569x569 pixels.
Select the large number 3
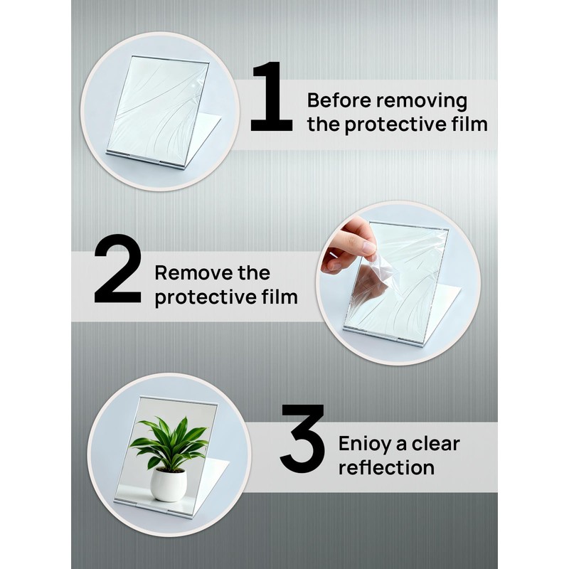click(x=302, y=439)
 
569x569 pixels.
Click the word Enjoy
click(x=363, y=445)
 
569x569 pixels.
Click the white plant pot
click(x=169, y=484)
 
